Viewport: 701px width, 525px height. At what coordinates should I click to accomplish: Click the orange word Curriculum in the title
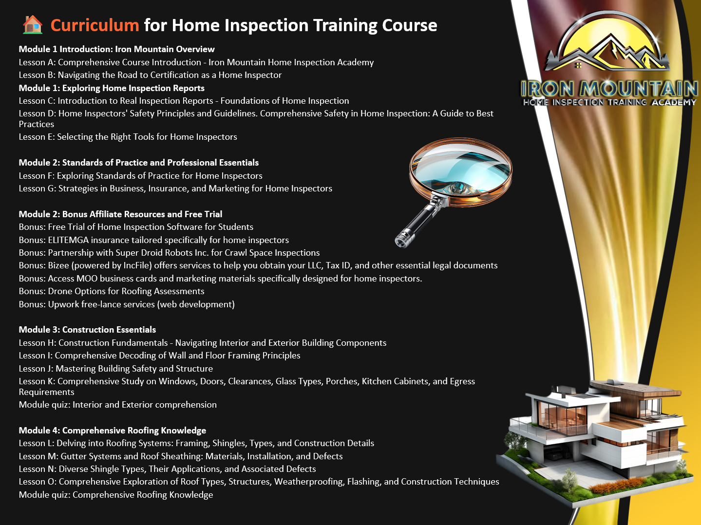[x=95, y=25]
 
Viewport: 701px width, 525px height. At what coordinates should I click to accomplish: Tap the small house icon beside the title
[x=33, y=24]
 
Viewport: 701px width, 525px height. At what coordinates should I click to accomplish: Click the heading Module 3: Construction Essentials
[x=87, y=330]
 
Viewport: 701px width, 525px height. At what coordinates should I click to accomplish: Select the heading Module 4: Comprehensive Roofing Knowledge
[x=113, y=431]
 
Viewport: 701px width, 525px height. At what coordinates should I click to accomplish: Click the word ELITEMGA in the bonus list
[x=68, y=240]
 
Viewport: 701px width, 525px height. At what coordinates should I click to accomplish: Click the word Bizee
[x=57, y=265]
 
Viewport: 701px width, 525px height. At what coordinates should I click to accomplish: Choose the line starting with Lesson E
[x=128, y=137]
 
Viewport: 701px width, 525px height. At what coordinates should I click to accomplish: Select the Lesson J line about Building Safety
[x=115, y=369]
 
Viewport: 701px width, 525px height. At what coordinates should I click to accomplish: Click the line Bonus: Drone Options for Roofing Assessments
[x=112, y=291]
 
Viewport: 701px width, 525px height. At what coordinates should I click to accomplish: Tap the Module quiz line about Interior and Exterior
[x=117, y=405]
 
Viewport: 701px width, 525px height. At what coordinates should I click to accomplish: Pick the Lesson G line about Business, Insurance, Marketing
[x=175, y=188]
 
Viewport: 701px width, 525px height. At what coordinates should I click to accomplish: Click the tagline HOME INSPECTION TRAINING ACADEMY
[x=609, y=102]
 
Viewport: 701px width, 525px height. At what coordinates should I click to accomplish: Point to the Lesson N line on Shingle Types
[x=167, y=469]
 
